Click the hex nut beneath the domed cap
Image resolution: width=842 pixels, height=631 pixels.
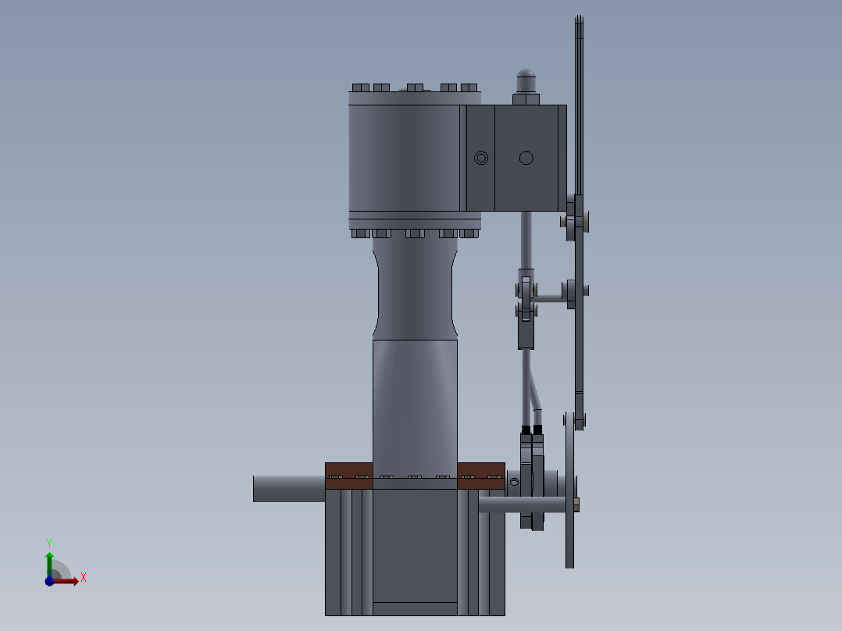coord(526,99)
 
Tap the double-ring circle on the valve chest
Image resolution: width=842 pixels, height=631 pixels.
coord(481,158)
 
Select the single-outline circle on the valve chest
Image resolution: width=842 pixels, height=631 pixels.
coord(526,158)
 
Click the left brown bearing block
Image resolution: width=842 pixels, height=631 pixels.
coord(348,476)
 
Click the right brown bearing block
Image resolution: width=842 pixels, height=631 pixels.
coord(480,476)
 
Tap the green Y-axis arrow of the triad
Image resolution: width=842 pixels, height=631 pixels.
coord(48,560)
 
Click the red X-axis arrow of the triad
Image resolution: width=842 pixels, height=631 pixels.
coord(67,581)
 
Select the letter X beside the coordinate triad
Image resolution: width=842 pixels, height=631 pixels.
coord(84,578)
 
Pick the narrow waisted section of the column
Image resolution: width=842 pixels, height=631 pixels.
coord(415,289)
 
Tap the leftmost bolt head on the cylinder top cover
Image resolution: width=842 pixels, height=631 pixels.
coord(361,87)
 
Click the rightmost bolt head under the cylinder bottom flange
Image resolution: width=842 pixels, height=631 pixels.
coord(469,233)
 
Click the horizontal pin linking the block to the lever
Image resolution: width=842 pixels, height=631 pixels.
coord(551,298)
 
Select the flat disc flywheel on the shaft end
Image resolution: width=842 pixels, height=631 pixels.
coord(569,492)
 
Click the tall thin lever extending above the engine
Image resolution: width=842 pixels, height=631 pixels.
coord(579,117)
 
